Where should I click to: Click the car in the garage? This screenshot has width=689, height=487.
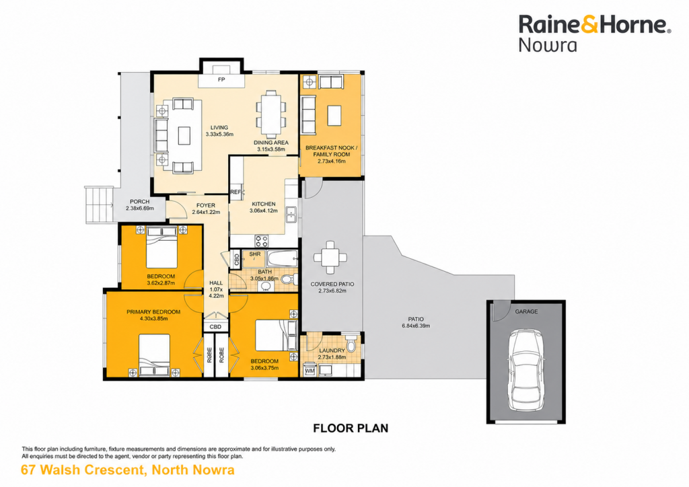click(x=526, y=369)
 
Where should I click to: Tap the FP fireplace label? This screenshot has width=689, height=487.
click(x=221, y=79)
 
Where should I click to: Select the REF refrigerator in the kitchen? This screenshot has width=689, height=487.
click(x=236, y=192)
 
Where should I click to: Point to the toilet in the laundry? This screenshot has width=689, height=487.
click(x=351, y=344)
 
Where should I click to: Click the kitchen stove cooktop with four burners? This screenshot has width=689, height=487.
click(x=262, y=241)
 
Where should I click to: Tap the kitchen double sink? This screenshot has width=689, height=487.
click(x=291, y=215)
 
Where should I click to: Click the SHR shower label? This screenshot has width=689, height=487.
click(x=255, y=254)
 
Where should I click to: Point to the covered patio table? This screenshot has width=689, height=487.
click(x=330, y=258)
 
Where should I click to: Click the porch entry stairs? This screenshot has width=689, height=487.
click(x=100, y=204)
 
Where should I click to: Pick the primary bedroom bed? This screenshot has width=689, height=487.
click(x=154, y=354)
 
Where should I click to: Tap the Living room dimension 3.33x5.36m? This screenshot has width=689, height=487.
click(x=219, y=135)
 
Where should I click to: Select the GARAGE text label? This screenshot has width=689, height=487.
click(x=526, y=311)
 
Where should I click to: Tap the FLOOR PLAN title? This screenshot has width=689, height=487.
click(x=351, y=428)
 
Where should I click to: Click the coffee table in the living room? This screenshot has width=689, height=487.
click(x=184, y=136)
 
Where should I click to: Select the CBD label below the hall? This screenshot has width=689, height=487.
click(x=215, y=327)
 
